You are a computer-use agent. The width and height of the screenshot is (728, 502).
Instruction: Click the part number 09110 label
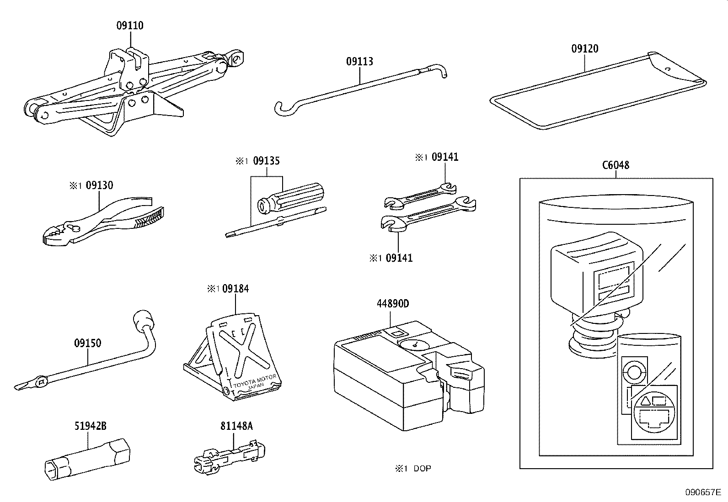(129, 26)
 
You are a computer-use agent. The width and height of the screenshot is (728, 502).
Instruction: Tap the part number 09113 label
(359, 61)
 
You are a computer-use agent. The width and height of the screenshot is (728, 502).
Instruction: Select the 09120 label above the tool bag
(584, 48)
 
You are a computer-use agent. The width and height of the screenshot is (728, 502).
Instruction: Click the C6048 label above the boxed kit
(616, 165)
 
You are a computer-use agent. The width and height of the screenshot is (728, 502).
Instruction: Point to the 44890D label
(392, 304)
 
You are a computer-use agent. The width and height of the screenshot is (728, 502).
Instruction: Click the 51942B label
(90, 426)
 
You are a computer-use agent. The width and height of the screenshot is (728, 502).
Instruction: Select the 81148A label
(236, 426)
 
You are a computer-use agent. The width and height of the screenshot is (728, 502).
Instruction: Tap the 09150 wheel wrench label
(87, 343)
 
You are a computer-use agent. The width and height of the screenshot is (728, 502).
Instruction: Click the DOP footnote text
(422, 468)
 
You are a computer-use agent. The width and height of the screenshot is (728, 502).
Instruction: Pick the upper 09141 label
(444, 157)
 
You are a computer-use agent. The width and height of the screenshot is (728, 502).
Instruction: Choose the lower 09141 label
(399, 258)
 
